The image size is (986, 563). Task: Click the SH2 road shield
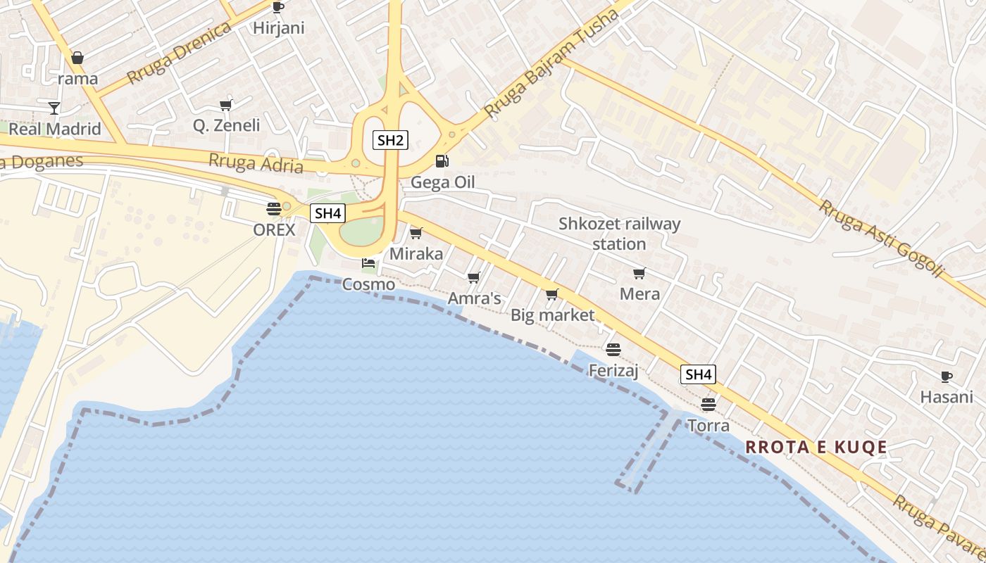[x=390, y=140]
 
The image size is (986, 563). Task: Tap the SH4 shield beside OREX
[x=327, y=213]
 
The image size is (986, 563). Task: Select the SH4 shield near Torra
[x=698, y=374]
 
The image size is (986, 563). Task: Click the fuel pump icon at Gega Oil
[x=442, y=161]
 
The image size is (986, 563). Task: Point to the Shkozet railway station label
[x=619, y=234]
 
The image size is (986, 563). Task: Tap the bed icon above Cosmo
[x=368, y=264]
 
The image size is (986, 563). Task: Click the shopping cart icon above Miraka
[x=416, y=233]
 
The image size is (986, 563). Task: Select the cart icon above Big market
[x=551, y=294]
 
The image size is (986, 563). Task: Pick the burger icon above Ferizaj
[x=613, y=349]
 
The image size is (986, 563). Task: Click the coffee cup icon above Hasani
[x=946, y=377]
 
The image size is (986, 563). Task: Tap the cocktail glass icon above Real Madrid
[x=54, y=108]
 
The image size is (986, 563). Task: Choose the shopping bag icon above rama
[x=77, y=58]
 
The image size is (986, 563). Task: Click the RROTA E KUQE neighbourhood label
[x=816, y=447]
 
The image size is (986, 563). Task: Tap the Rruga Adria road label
[x=256, y=163]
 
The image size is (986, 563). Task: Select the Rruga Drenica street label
[x=180, y=52]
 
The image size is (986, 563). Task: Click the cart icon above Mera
[x=639, y=273]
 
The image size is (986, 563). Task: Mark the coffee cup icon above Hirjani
[x=277, y=8]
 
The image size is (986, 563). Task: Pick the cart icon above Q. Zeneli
[x=225, y=105]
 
